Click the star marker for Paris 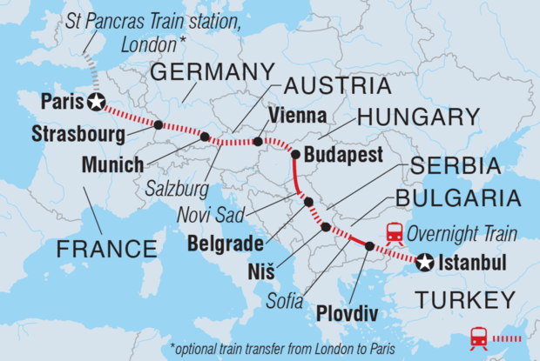pyautogui.click(x=95, y=102)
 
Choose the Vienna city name pyautogui.click(x=298, y=116)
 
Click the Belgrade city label pyautogui.click(x=223, y=244)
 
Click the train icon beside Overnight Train pyautogui.click(x=394, y=233)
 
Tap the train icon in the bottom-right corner pyautogui.click(x=478, y=337)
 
